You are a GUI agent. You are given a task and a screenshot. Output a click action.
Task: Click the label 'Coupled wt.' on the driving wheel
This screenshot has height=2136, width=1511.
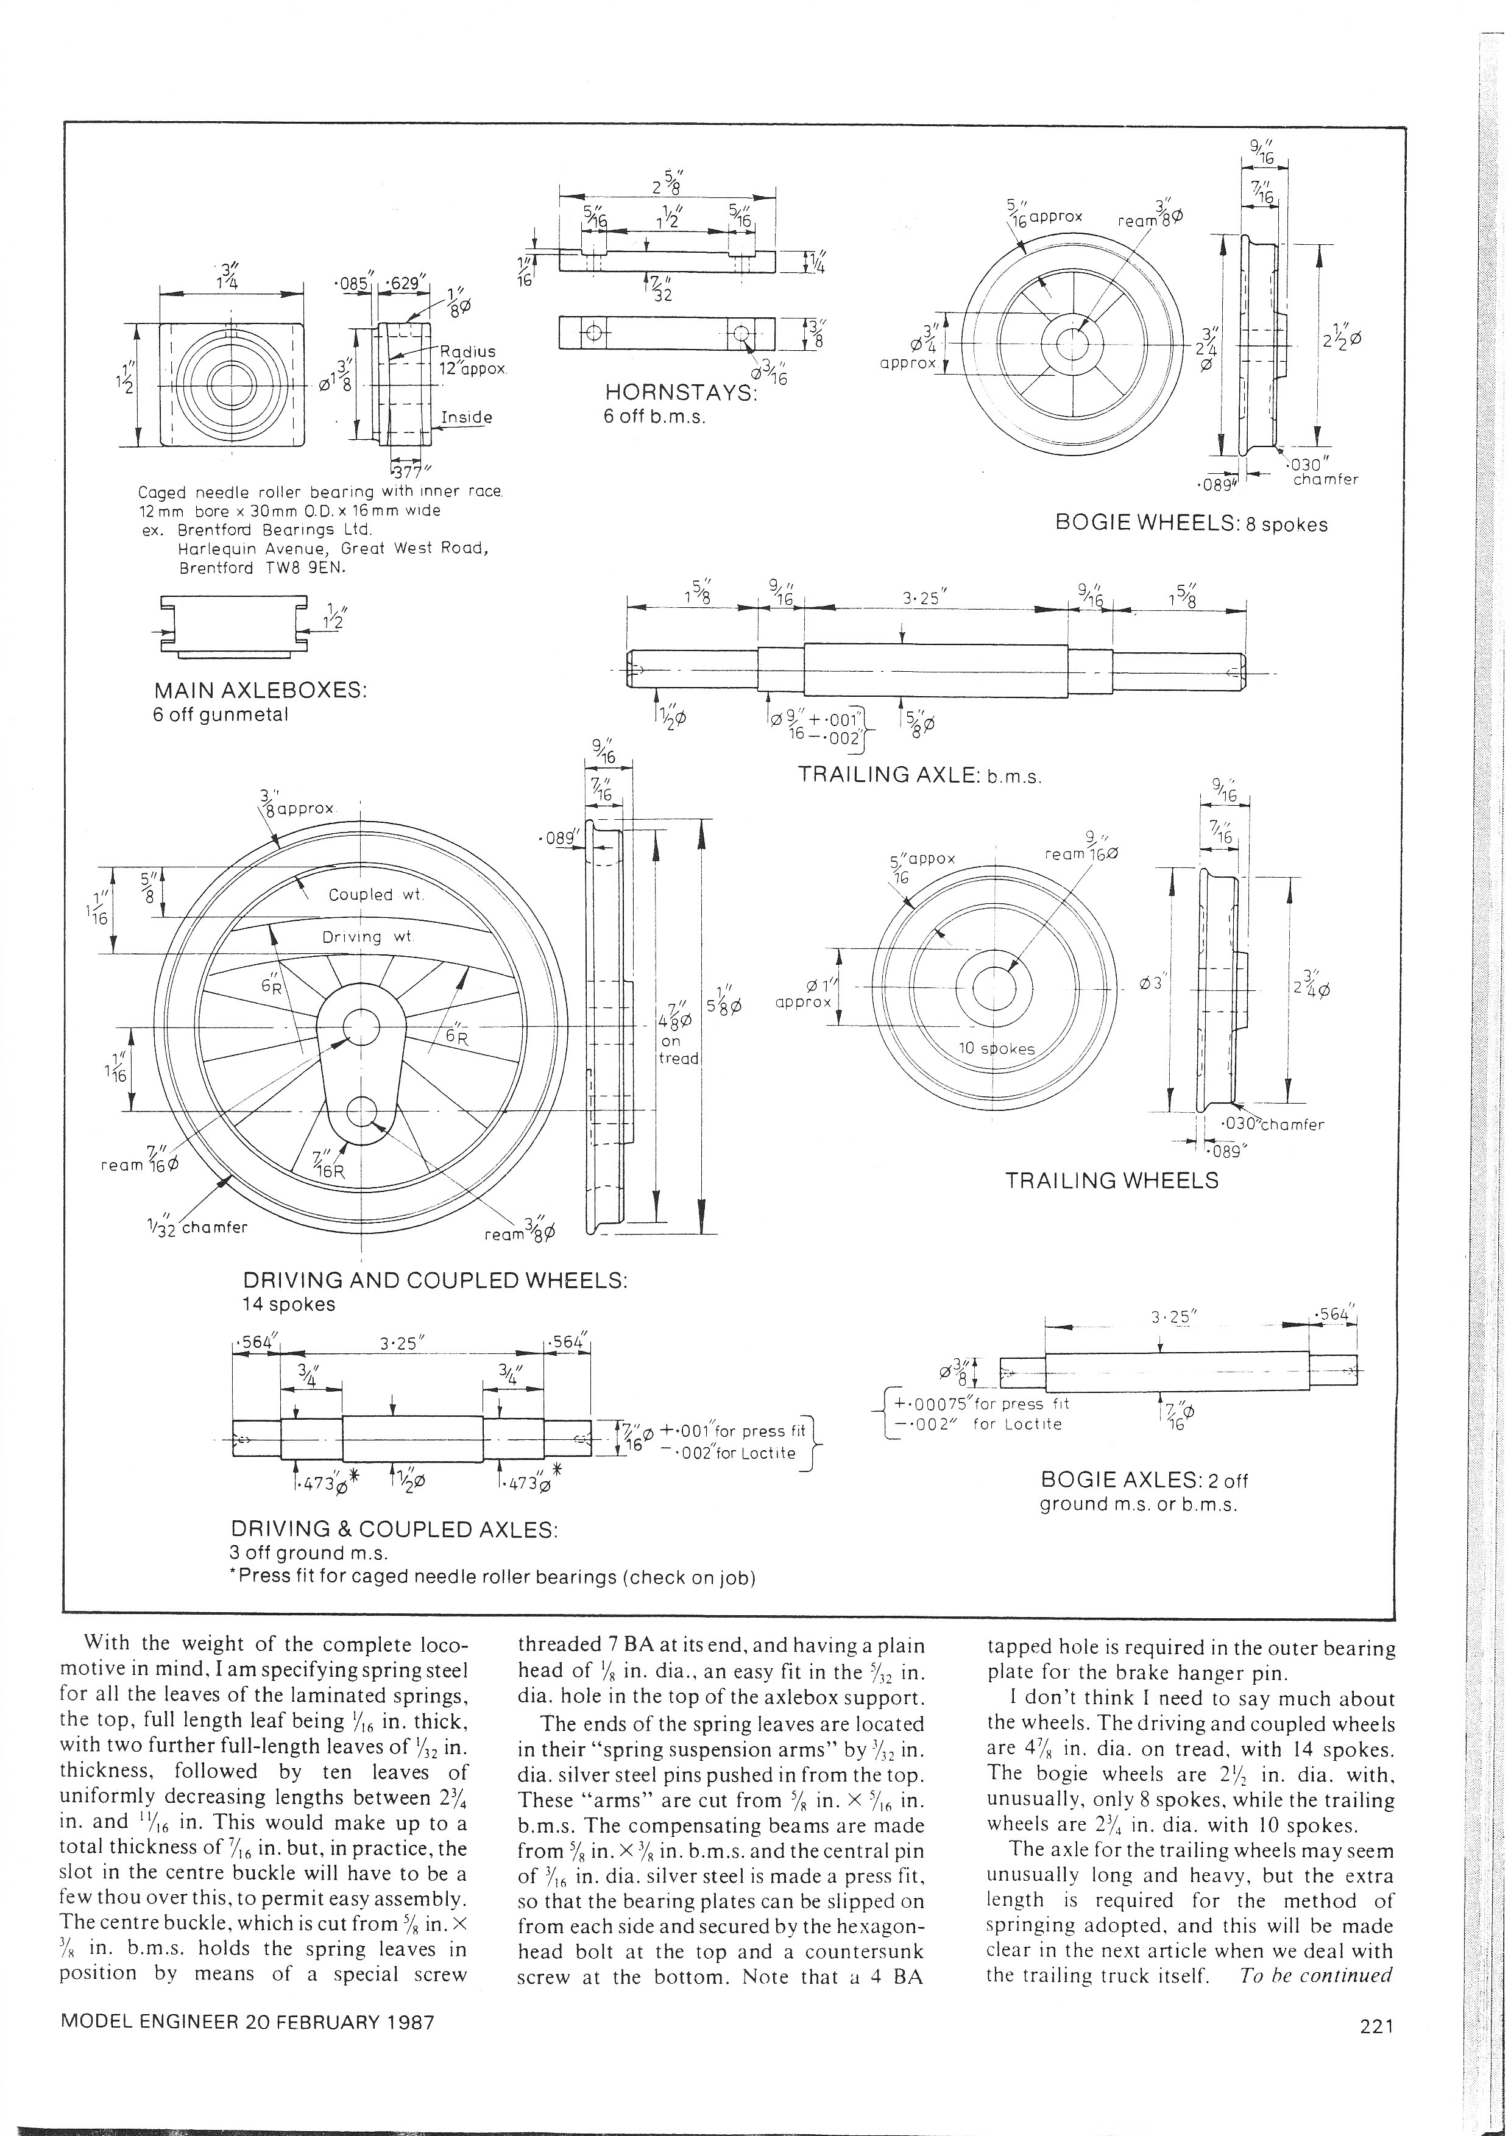pyautogui.click(x=376, y=895)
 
